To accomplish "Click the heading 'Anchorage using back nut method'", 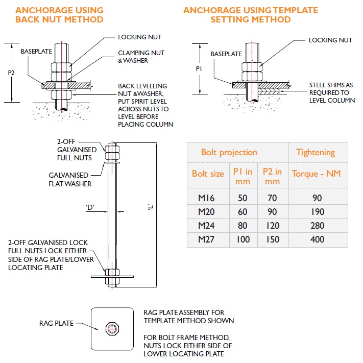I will pos(59,15).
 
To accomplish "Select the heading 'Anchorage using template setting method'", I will pos(250,15).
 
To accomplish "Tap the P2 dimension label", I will pos(11,73).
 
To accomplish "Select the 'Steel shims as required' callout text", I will pos(332,92).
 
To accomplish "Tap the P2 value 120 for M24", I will pos(272,225).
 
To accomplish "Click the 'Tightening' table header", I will pos(315,152).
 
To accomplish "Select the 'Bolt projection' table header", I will pos(229,152).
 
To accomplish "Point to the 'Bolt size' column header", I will pos(208,174).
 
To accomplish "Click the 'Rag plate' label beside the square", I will pos(56,323).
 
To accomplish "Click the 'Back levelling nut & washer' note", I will pos(145,105).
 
